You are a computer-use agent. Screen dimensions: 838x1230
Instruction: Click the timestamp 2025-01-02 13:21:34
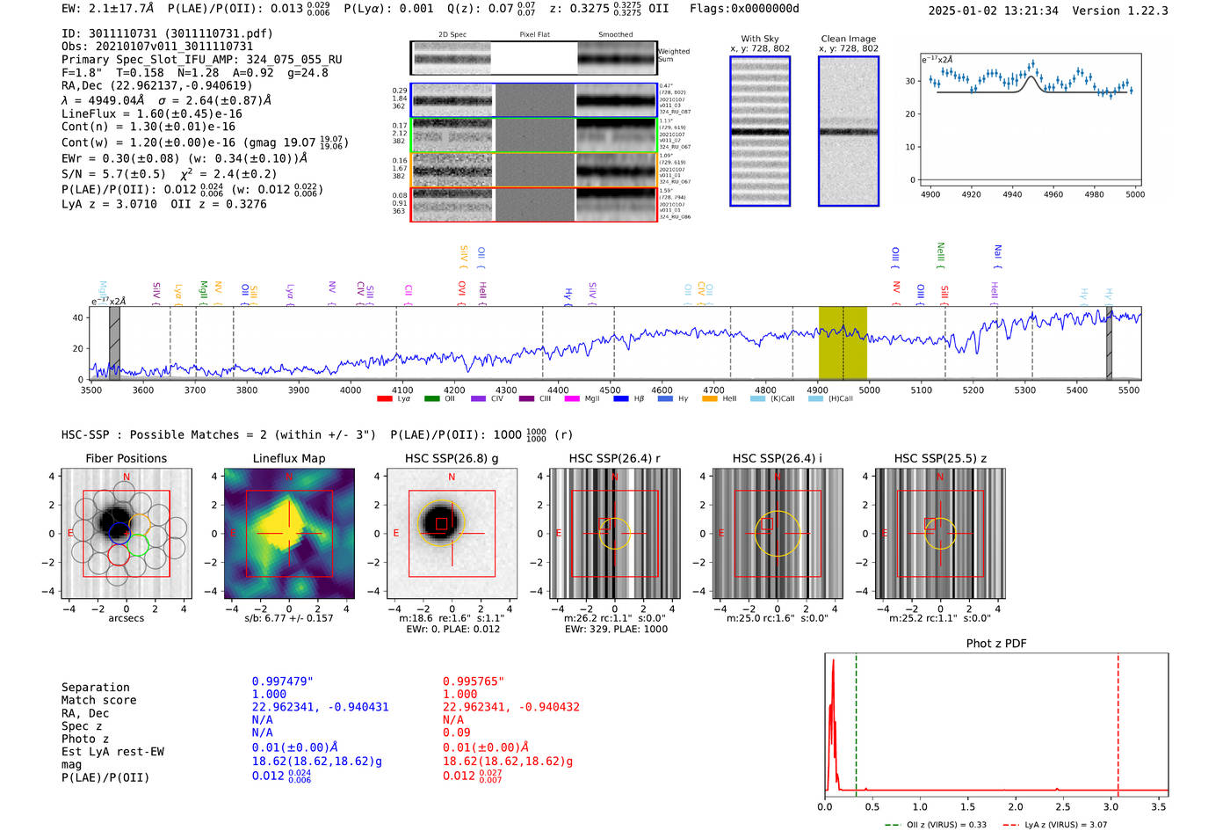(x=993, y=11)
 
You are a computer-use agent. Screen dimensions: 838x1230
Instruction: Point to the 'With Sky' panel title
(x=759, y=39)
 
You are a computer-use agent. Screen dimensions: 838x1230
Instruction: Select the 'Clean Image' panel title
(x=848, y=39)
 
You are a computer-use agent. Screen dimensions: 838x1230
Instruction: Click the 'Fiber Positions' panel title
(x=126, y=458)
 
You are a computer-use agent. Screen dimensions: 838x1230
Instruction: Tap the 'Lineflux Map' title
(x=288, y=458)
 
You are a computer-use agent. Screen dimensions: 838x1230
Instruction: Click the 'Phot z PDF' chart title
(x=996, y=643)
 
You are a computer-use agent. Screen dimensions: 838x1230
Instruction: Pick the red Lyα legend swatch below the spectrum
(x=384, y=399)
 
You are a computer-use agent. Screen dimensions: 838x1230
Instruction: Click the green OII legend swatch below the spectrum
(x=431, y=399)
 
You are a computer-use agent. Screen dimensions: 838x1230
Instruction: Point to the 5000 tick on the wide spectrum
(x=869, y=390)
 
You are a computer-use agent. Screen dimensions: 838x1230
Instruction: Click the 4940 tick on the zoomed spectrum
(x=1012, y=194)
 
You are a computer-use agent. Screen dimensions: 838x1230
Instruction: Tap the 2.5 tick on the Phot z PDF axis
(x=1063, y=806)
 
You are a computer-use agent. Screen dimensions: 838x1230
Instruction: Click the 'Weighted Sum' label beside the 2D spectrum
(x=673, y=55)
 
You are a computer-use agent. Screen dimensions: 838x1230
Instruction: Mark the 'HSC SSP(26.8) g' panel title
(x=452, y=458)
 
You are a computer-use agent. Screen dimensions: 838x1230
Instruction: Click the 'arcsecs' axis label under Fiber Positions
(x=126, y=618)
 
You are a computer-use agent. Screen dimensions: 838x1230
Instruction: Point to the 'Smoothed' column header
(x=615, y=35)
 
